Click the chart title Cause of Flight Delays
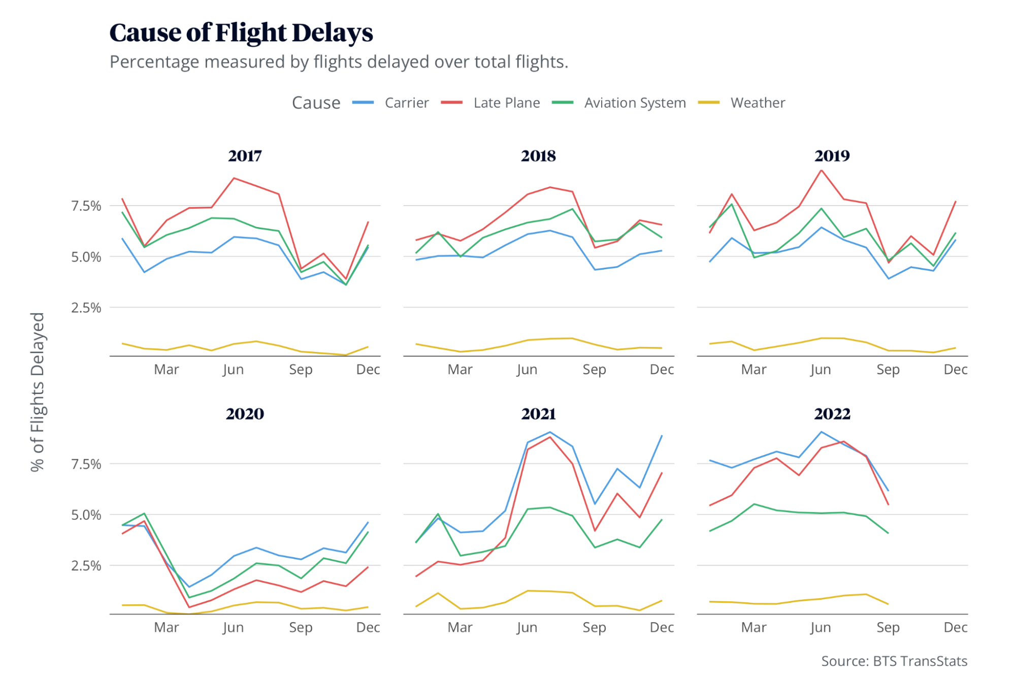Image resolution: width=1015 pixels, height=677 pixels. [x=241, y=33]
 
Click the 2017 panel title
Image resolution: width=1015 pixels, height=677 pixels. [x=245, y=156]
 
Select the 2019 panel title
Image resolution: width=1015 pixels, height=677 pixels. [x=832, y=156]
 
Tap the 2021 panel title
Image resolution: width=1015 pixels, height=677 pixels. [x=538, y=414]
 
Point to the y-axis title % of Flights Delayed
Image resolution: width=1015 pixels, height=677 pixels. [x=38, y=392]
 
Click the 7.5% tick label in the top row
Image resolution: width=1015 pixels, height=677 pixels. [x=86, y=206]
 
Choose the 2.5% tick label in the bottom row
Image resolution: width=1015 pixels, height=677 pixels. [x=86, y=566]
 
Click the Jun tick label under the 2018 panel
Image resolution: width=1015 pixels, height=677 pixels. [x=527, y=370]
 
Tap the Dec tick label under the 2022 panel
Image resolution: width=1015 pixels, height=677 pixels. [x=955, y=628]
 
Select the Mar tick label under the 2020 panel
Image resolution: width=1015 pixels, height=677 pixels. [x=166, y=628]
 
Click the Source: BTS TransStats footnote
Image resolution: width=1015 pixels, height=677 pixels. [x=894, y=661]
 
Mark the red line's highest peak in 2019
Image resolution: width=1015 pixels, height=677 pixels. [x=821, y=170]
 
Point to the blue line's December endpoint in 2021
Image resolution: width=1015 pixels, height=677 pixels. [x=662, y=436]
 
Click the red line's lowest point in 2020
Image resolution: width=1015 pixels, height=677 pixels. [x=189, y=607]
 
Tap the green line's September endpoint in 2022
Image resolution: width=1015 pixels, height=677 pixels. [x=888, y=533]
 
